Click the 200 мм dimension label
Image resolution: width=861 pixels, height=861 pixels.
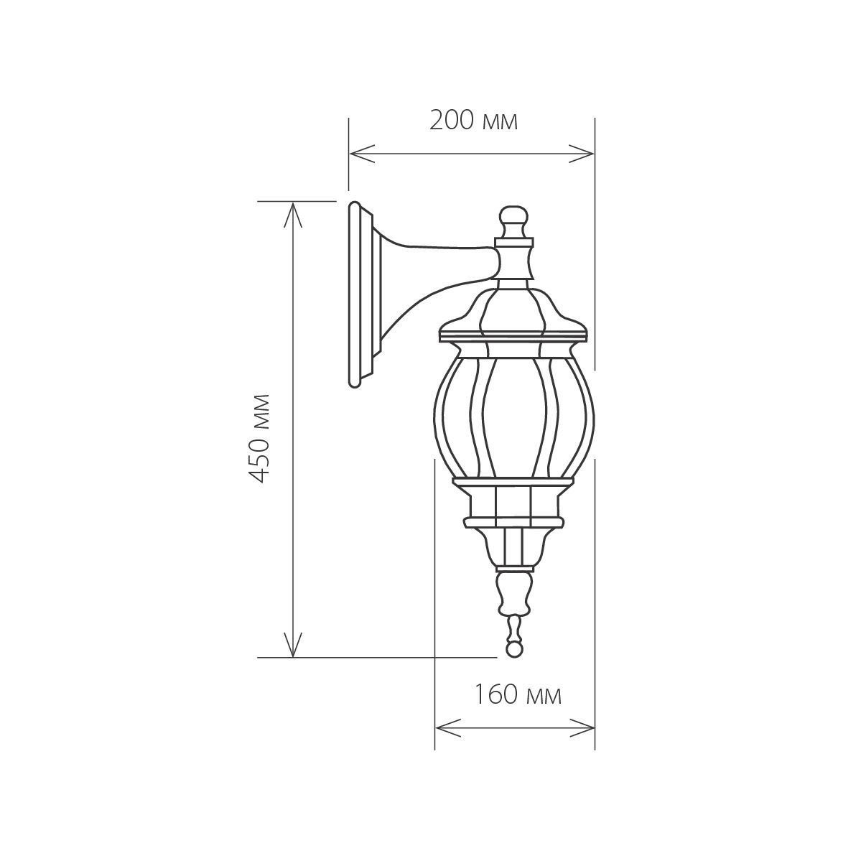pyautogui.click(x=473, y=121)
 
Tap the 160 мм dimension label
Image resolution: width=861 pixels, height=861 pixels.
pyautogui.click(x=517, y=694)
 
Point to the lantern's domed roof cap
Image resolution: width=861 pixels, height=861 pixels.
pyautogui.click(x=513, y=309)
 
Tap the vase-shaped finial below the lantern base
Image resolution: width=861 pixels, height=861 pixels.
pyautogui.click(x=513, y=592)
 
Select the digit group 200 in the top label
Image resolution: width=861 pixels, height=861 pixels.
pyautogui.click(x=452, y=121)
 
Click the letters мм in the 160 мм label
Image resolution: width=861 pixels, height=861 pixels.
pyautogui.click(x=543, y=695)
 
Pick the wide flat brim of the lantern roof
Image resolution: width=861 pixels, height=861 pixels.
pyautogui.click(x=513, y=335)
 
